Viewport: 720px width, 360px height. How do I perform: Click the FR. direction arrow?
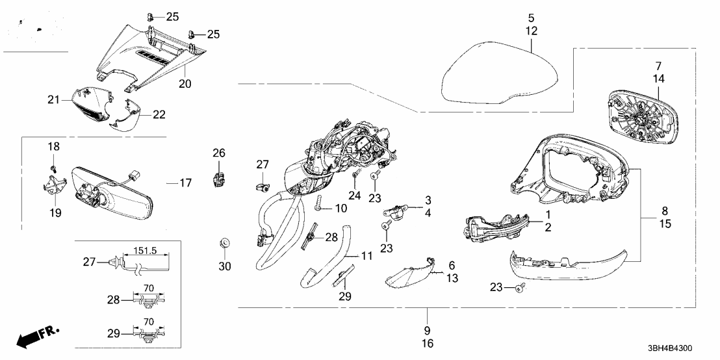coord(37,336)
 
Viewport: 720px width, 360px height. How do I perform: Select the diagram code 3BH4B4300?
coord(671,348)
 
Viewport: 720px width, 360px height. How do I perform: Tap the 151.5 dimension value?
coord(145,250)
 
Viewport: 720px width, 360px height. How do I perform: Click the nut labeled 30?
coord(225,244)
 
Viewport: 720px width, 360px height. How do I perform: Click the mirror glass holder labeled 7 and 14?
coord(639,116)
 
